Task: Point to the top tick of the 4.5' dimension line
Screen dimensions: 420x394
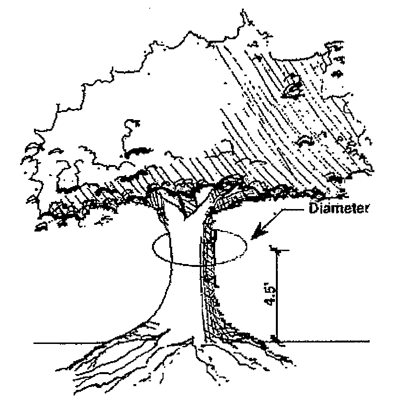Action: point(276,249)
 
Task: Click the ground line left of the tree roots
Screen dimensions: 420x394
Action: point(72,343)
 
